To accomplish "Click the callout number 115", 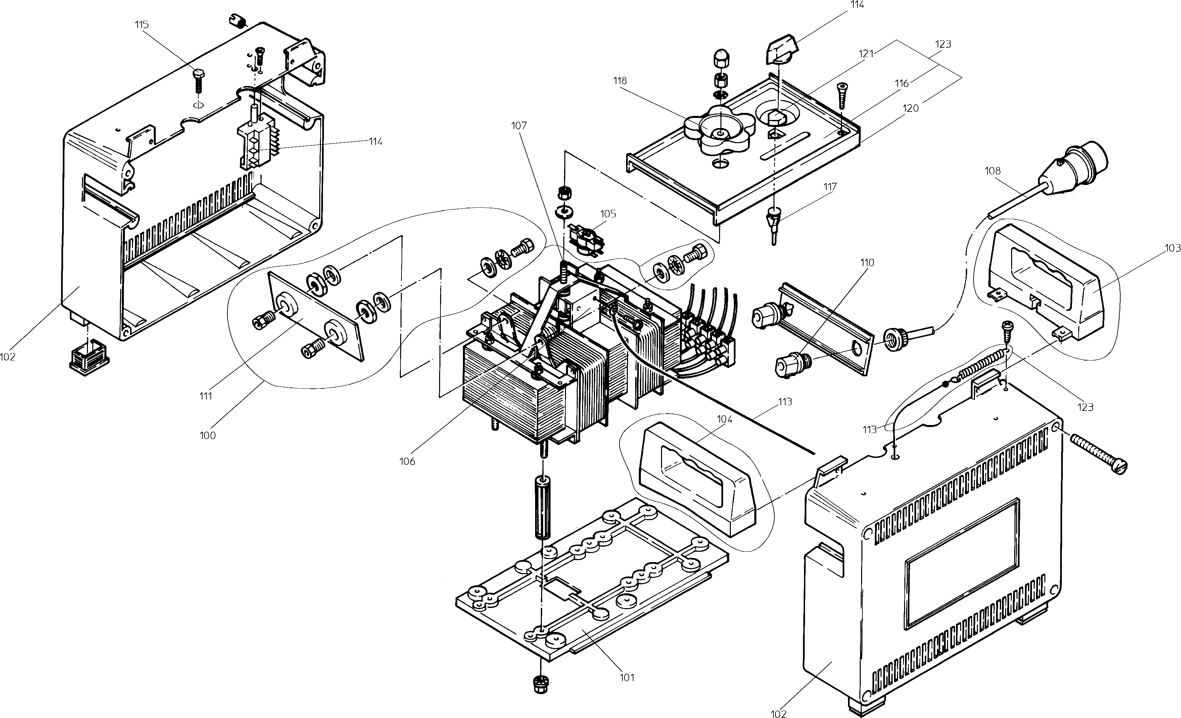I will (142, 25).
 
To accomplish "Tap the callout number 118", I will (620, 81).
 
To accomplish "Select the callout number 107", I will (519, 126).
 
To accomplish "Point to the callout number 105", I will (608, 214).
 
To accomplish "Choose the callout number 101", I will (627, 678).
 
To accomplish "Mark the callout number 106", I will (407, 461).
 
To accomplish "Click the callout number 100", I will (207, 435).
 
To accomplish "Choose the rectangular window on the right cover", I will (961, 563).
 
